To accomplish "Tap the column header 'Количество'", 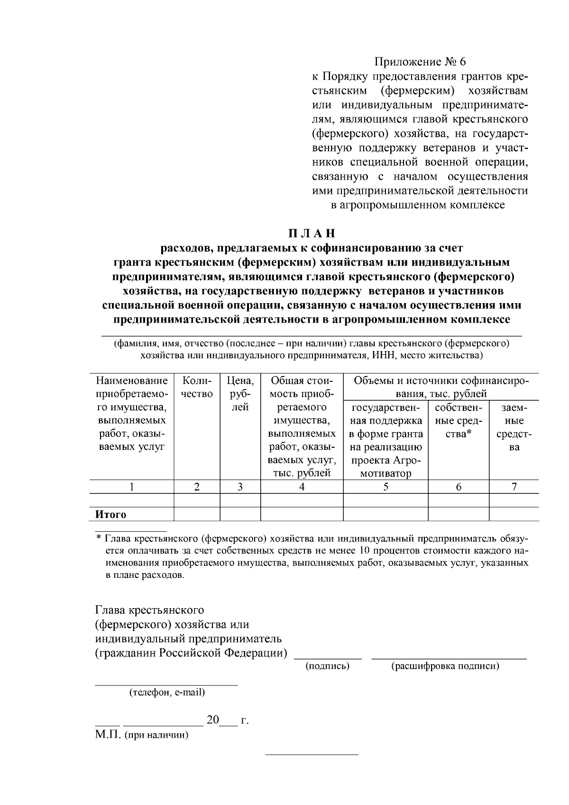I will [x=197, y=387].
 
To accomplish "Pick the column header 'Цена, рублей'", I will [x=240, y=393].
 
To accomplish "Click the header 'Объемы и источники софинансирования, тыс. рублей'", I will [x=441, y=387].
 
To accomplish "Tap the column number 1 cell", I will [x=131, y=487].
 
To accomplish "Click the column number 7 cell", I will [x=514, y=487].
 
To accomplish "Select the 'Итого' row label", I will [x=111, y=515].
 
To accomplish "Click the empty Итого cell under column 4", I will [x=302, y=514].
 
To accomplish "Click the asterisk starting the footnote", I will [x=99, y=539].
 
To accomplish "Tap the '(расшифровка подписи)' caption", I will [x=445, y=666].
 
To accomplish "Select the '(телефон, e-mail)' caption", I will [x=167, y=692].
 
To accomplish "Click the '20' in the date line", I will [x=213, y=721].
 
